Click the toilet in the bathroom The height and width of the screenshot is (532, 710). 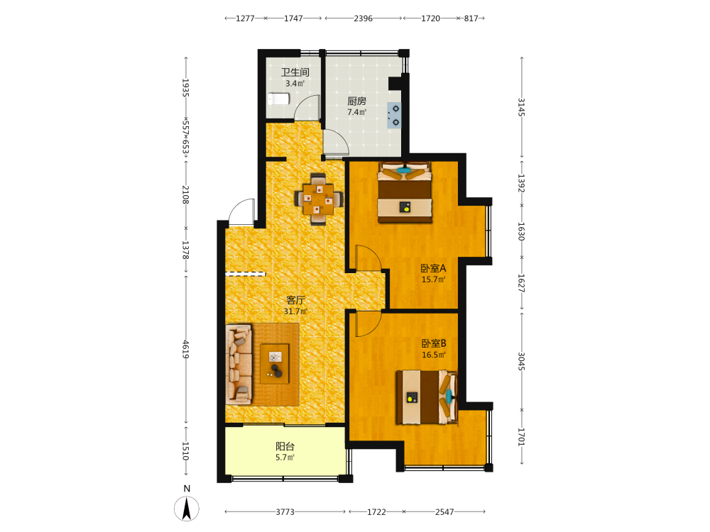pyautogui.click(x=278, y=99)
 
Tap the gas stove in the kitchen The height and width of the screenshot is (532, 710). pyautogui.click(x=394, y=116)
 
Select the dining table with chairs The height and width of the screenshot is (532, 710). pyautogui.click(x=318, y=199)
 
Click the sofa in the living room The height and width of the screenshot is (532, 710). pyautogui.click(x=239, y=364)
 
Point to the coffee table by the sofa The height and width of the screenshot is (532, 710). pyautogui.click(x=275, y=364)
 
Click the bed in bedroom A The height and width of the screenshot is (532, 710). pyautogui.click(x=405, y=192)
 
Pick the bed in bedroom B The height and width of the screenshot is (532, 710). pyautogui.click(x=427, y=397)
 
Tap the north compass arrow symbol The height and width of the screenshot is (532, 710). pyautogui.click(x=186, y=509)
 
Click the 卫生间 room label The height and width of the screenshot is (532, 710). pyautogui.click(x=295, y=72)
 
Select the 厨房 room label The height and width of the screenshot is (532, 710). pyautogui.click(x=357, y=101)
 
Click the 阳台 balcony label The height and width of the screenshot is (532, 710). pyautogui.click(x=285, y=446)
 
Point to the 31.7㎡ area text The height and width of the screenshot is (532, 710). pyautogui.click(x=295, y=311)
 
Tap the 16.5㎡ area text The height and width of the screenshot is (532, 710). pyautogui.click(x=433, y=355)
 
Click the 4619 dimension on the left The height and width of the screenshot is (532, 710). pyautogui.click(x=185, y=349)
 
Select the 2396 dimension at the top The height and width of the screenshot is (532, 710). pyautogui.click(x=363, y=18)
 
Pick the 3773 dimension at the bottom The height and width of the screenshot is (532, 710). pyautogui.click(x=285, y=511)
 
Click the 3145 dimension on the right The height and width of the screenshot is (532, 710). pyautogui.click(x=522, y=107)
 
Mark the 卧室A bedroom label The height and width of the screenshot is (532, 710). pyautogui.click(x=433, y=268)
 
